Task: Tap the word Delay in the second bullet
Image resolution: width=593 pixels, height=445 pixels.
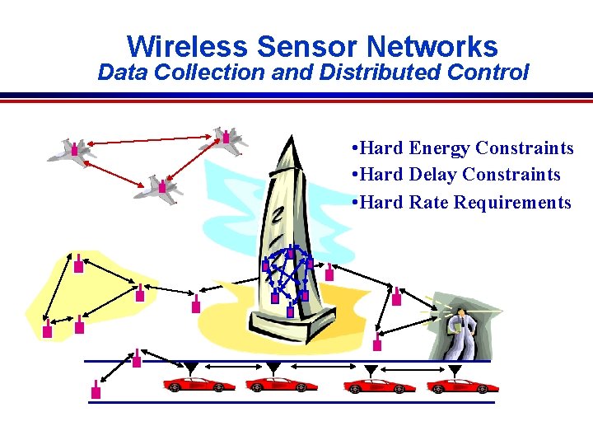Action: pyautogui.click(x=432, y=175)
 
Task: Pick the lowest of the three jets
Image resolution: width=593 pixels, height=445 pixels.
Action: pyautogui.click(x=159, y=187)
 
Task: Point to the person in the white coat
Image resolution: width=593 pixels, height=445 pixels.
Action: pyautogui.click(x=460, y=330)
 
